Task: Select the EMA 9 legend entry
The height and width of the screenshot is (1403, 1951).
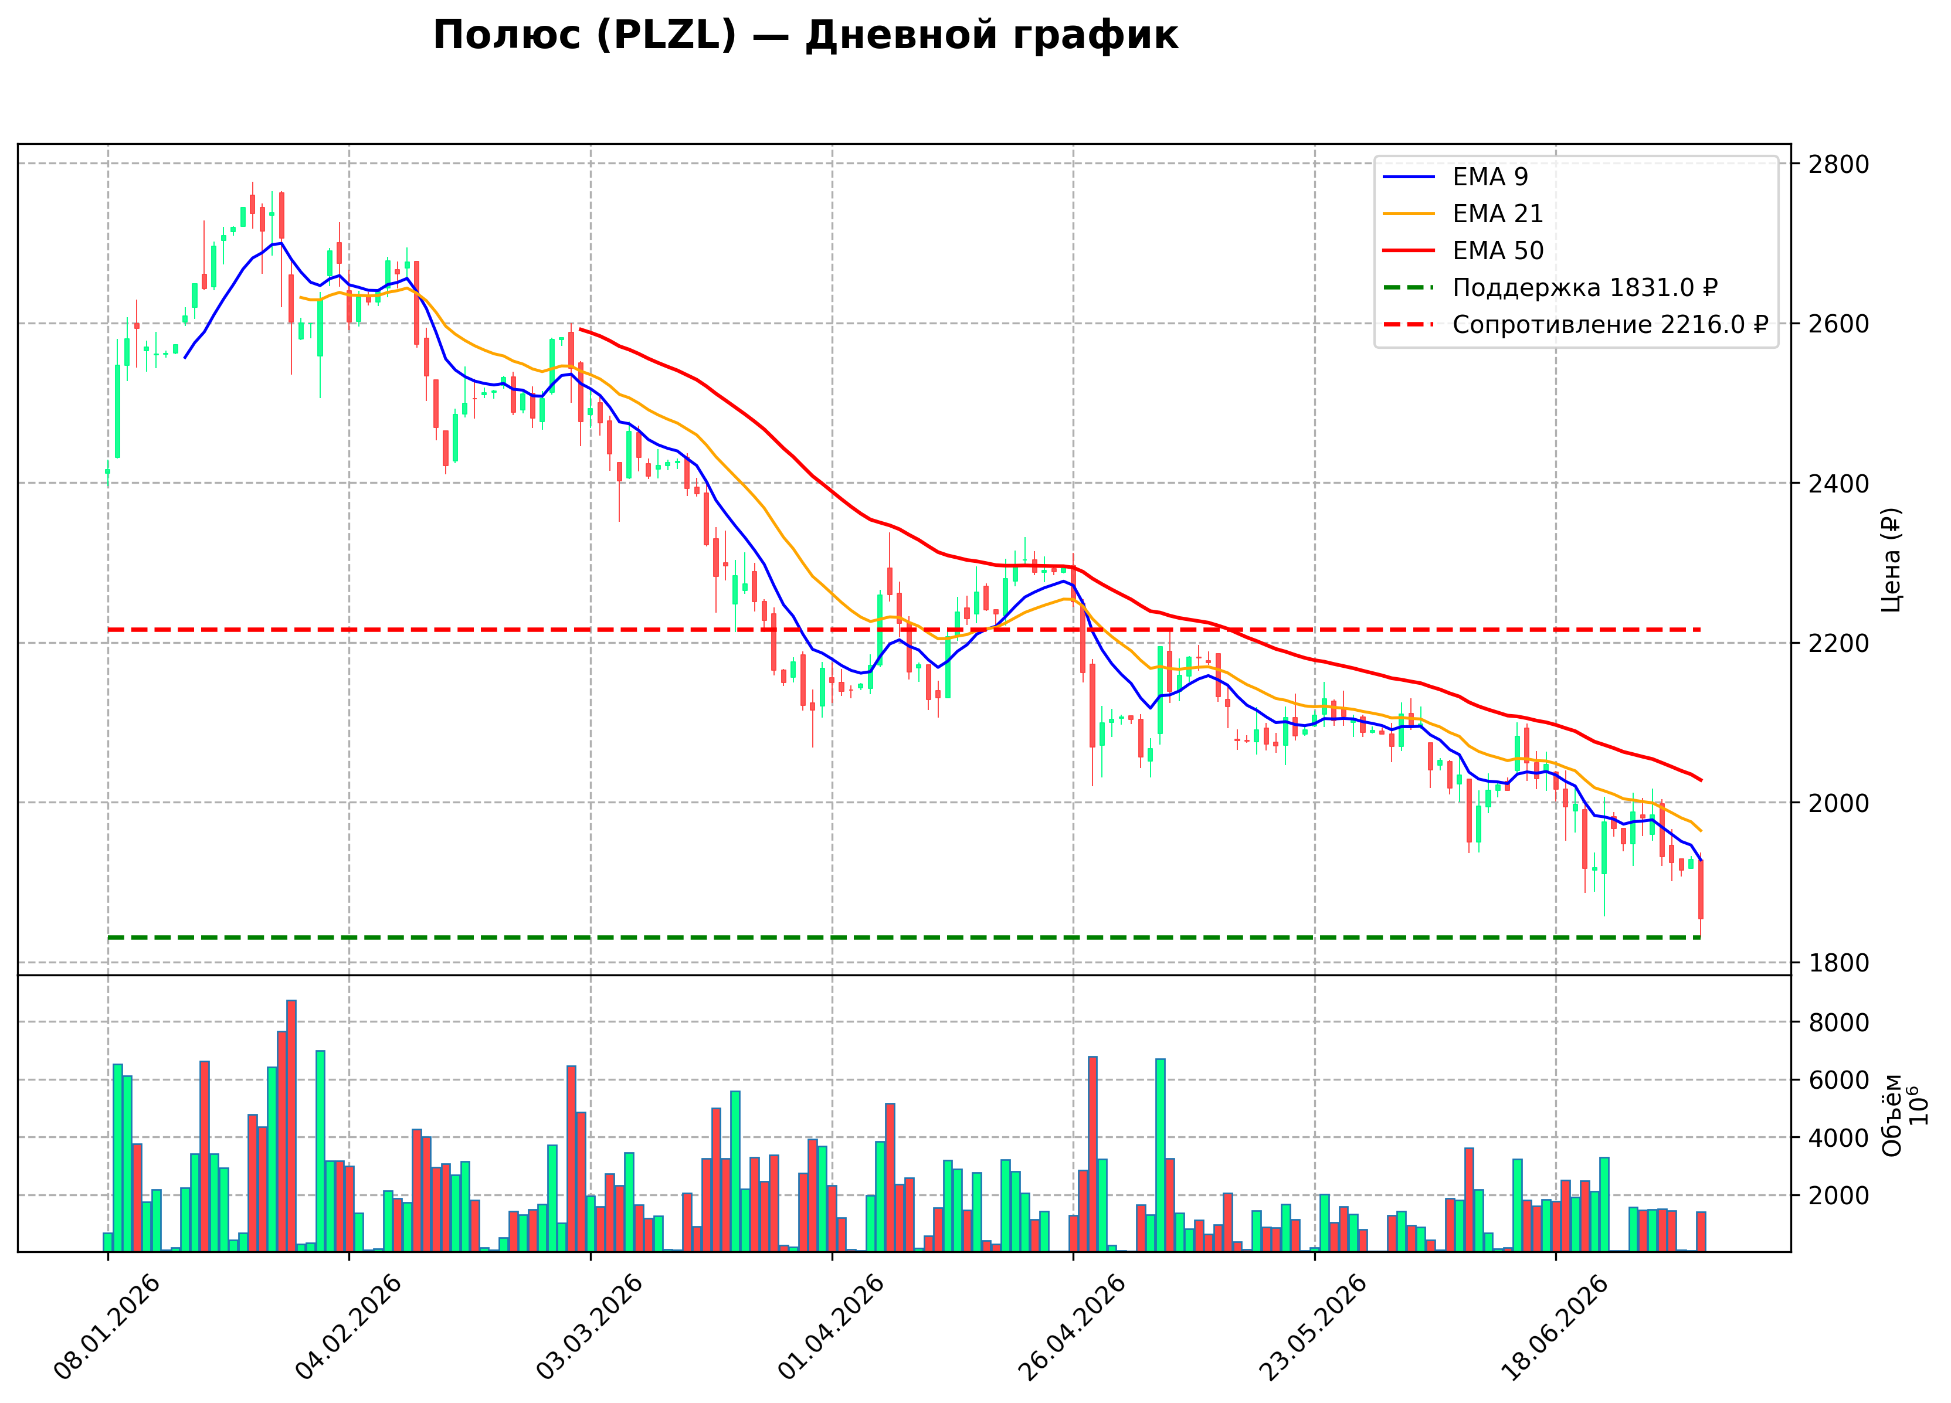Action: (x=1455, y=176)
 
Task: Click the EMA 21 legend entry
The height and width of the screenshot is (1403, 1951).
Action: (x=1463, y=213)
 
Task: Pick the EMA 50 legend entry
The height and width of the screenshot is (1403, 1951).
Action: (x=1463, y=250)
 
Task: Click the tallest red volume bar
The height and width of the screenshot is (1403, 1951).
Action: (x=291, y=1126)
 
